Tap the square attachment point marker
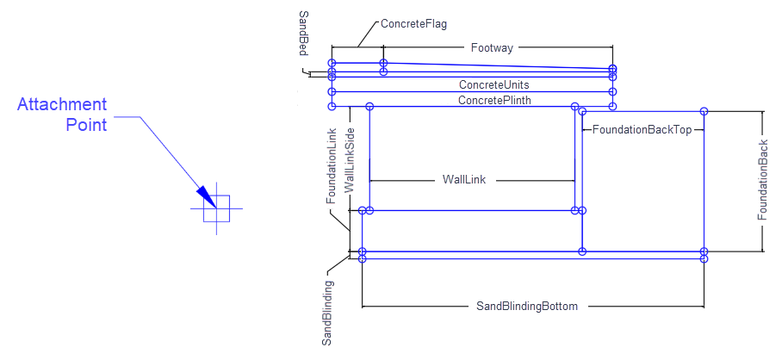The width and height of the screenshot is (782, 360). (216, 209)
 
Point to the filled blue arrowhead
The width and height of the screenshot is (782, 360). (204, 196)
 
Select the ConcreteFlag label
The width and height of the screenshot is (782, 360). (414, 24)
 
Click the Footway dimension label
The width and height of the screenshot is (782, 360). (492, 48)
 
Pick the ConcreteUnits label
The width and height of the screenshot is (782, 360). (493, 84)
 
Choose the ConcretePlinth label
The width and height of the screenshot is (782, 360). (494, 100)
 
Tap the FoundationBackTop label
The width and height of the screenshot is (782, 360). (642, 129)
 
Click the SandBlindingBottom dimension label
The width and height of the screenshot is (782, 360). (526, 306)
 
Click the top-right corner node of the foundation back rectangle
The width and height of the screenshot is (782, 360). (704, 111)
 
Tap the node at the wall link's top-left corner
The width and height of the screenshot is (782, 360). (369, 106)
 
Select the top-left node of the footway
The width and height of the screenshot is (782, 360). (332, 63)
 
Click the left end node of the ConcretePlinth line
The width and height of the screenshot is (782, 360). (332, 106)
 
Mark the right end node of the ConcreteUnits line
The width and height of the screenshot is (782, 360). (612, 90)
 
